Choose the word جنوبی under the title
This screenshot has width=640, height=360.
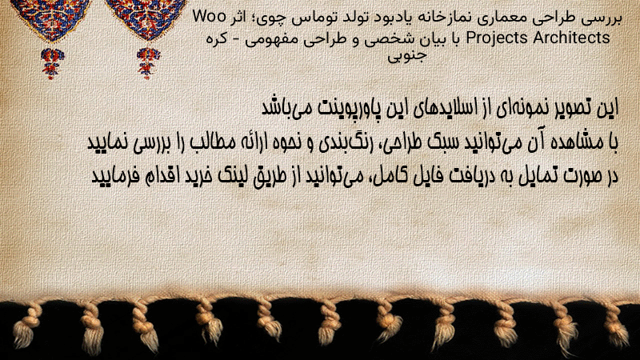(407, 56)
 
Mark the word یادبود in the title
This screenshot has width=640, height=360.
(390, 18)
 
